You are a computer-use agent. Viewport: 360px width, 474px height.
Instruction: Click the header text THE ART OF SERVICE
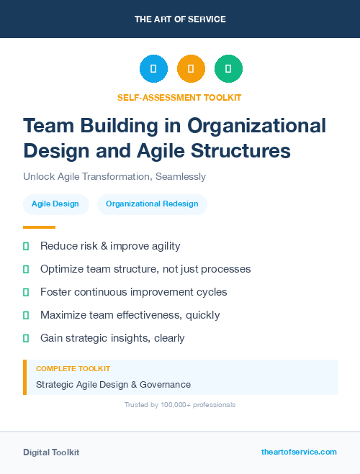pos(180,19)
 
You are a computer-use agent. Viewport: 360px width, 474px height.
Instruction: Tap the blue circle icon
pos(153,69)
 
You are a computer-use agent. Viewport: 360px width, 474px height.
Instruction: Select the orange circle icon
pos(191,69)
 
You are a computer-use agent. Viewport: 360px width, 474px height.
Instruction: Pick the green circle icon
pos(228,69)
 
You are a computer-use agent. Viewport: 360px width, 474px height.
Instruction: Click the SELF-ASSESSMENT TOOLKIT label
pos(179,97)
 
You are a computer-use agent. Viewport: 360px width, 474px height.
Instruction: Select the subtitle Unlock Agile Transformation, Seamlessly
pos(114,176)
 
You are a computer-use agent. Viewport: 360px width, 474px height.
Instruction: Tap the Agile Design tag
pos(55,204)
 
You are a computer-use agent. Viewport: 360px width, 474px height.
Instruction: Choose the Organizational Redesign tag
pos(152,204)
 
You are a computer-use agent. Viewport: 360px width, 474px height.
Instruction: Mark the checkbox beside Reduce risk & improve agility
pos(26,247)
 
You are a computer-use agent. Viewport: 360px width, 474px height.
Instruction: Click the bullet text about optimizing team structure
pos(145,269)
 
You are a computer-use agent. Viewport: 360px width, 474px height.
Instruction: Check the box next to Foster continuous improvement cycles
pos(26,293)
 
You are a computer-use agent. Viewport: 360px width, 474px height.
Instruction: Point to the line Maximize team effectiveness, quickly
pos(130,315)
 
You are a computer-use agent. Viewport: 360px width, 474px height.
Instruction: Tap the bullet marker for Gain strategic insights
pos(26,338)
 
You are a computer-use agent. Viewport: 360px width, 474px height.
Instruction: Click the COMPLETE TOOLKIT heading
pos(73,368)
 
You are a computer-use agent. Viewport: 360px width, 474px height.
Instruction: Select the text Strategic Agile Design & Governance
pos(113,385)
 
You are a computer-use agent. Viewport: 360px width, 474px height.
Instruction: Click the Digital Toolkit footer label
pos(51,452)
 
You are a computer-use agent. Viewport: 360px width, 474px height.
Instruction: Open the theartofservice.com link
pos(299,452)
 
